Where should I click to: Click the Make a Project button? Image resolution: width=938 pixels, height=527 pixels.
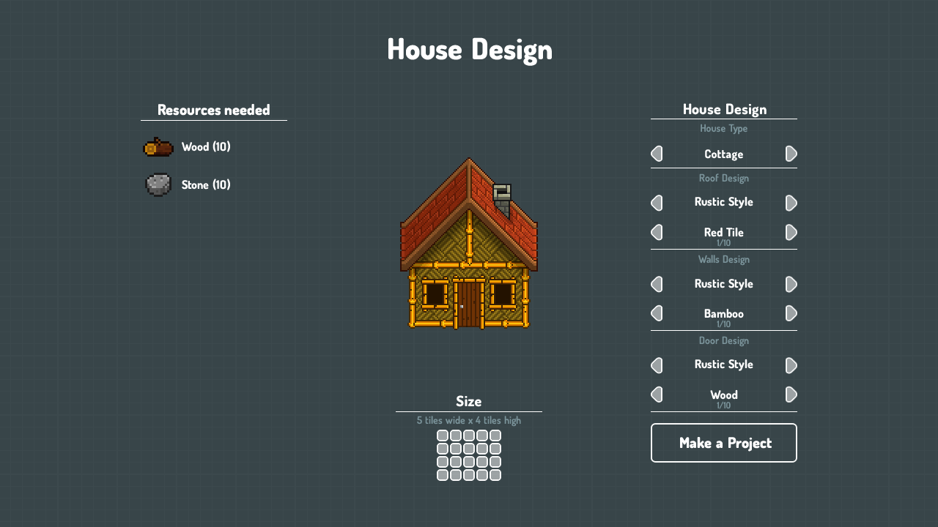723,443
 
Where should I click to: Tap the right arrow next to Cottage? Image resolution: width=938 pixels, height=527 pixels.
791,154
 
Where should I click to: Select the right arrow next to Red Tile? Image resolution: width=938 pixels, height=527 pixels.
791,232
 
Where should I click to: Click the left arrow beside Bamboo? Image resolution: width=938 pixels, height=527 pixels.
657,313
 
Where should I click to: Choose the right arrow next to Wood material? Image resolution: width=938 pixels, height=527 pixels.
791,395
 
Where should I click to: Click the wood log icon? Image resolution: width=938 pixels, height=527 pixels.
158,147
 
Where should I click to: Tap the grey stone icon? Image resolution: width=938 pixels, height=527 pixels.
158,184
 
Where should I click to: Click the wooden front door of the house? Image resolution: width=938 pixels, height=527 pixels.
469,304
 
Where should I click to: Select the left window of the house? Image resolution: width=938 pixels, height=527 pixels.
435,294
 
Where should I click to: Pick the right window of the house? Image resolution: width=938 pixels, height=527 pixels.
503,294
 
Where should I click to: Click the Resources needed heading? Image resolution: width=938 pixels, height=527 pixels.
213,110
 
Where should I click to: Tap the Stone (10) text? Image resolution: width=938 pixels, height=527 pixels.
206,184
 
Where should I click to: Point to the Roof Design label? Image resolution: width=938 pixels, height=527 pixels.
723,178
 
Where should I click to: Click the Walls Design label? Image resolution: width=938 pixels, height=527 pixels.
723,259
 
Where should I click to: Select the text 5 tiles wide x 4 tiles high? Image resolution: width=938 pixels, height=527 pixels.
468,420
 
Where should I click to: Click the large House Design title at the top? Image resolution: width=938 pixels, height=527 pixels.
470,51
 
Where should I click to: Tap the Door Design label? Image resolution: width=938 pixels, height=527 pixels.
723,340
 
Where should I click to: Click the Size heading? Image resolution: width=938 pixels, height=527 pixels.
468,402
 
